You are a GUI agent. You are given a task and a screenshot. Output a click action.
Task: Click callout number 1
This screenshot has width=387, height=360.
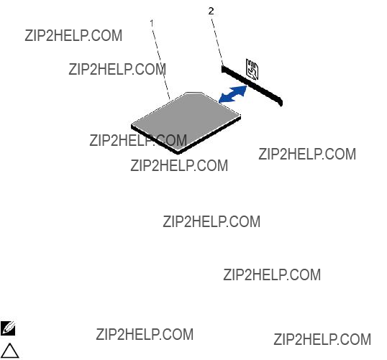[152, 23]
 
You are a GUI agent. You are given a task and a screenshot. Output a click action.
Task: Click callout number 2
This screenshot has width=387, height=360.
[211, 11]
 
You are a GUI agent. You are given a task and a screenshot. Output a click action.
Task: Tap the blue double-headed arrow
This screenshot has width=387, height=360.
[233, 94]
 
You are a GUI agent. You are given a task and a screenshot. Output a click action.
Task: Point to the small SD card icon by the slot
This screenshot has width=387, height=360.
[252, 70]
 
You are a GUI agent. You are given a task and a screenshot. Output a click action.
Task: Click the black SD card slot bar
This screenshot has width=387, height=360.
[252, 86]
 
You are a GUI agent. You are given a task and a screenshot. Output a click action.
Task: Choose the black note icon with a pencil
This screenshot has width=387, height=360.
[8, 328]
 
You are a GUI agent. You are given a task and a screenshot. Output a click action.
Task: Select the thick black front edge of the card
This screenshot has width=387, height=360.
[155, 139]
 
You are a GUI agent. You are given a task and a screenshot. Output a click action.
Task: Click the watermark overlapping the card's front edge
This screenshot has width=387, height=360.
[138, 141]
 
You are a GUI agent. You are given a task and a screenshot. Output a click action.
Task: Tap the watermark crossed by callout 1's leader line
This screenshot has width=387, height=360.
[117, 69]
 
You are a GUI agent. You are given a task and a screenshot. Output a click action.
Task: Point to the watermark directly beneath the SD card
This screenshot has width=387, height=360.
[179, 165]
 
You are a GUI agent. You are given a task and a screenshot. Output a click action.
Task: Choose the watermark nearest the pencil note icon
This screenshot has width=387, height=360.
[145, 334]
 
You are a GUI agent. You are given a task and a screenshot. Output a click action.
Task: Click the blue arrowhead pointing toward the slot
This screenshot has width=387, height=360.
[242, 90]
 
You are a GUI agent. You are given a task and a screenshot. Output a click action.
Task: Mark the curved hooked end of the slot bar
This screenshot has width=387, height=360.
[281, 101]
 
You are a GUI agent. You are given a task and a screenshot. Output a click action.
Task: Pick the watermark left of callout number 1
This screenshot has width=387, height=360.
[73, 35]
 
